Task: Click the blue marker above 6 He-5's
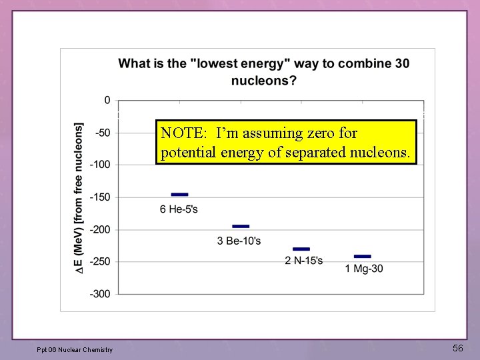[179, 195]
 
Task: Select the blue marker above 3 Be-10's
[241, 227]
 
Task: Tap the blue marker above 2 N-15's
[301, 249]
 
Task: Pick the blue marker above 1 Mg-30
[362, 257]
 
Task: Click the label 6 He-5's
[179, 209]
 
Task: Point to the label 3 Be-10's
[239, 241]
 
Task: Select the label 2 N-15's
[303, 261]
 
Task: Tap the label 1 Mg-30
[364, 269]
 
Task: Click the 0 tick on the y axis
[107, 100]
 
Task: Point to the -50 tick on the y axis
[103, 133]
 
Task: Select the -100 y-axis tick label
[101, 165]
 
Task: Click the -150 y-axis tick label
[101, 197]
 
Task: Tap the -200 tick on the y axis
[101, 229]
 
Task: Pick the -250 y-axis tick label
[101, 261]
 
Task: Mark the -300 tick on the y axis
[101, 293]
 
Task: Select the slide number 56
[457, 348]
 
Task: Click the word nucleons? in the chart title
[264, 81]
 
